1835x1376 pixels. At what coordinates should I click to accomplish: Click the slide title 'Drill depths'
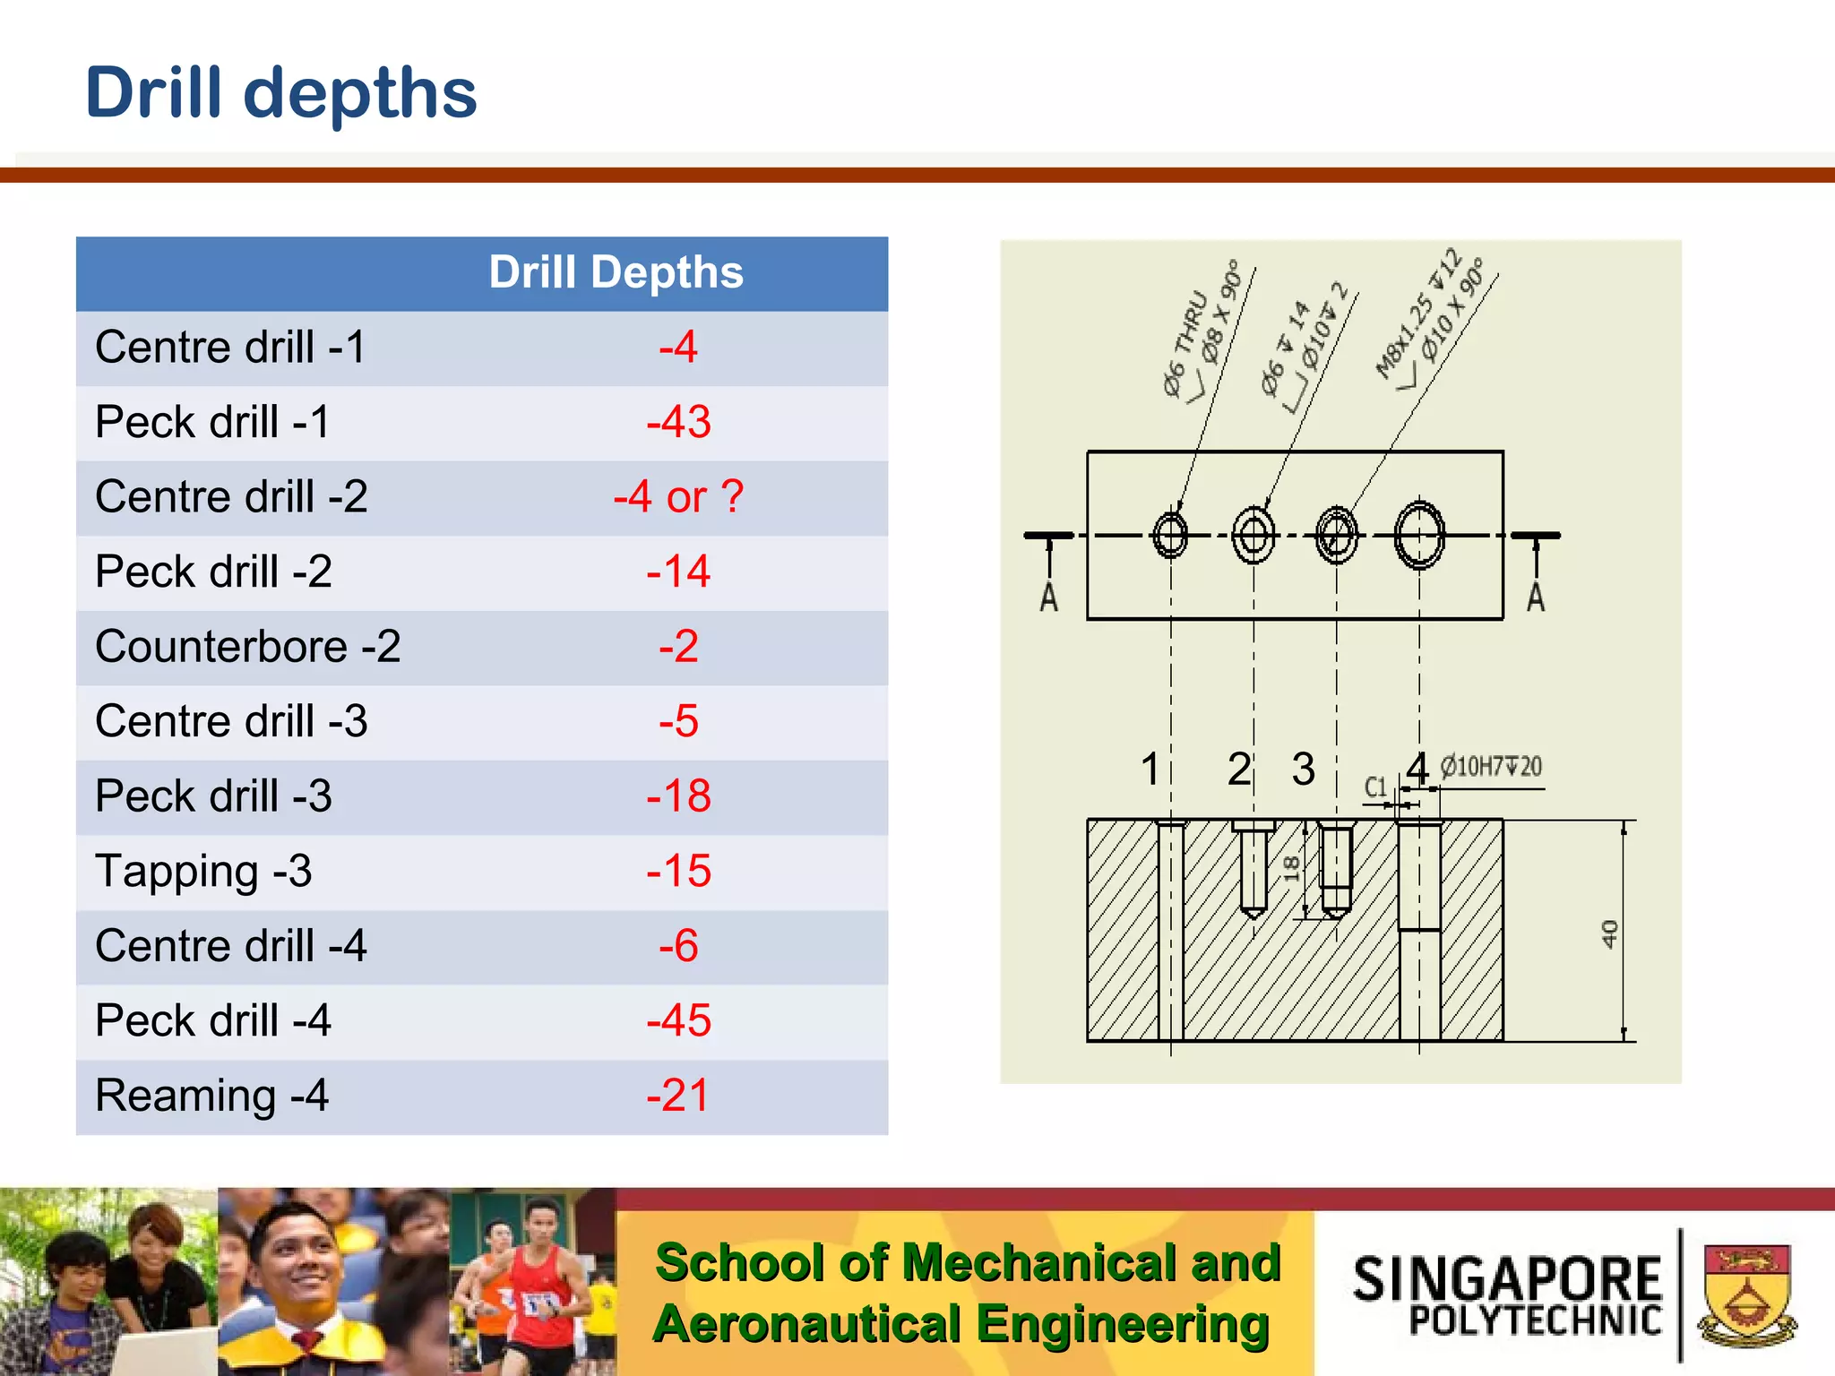(x=280, y=93)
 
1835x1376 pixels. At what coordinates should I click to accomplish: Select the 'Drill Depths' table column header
(x=616, y=272)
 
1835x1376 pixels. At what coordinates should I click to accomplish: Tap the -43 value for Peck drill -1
(x=678, y=422)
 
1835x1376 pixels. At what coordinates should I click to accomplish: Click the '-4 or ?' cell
(x=678, y=497)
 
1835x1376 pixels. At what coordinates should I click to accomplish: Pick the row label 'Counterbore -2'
(x=247, y=647)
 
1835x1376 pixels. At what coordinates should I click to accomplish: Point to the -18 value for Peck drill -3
(x=678, y=796)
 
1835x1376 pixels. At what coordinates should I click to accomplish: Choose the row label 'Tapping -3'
(x=203, y=872)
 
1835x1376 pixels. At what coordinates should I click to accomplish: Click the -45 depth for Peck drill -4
(x=678, y=1021)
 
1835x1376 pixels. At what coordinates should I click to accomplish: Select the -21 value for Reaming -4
(x=678, y=1096)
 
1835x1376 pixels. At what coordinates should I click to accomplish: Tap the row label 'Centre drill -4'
(x=230, y=946)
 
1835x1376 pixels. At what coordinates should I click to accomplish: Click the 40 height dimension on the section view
(x=1609, y=933)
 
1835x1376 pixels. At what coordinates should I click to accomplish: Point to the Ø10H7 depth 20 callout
(x=1491, y=767)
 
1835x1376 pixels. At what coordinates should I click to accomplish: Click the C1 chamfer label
(x=1375, y=787)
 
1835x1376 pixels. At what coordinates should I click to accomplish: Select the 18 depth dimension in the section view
(x=1291, y=868)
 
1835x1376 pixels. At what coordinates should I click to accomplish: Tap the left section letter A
(x=1048, y=598)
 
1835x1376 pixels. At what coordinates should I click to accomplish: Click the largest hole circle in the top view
(x=1419, y=536)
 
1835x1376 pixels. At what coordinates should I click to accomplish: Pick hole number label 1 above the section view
(x=1150, y=769)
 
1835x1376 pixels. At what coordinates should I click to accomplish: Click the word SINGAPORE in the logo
(x=1507, y=1278)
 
